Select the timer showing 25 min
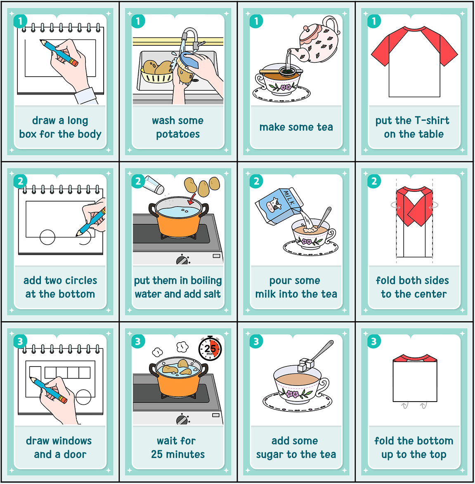click(210, 348)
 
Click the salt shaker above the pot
click(154, 185)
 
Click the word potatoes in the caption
click(178, 134)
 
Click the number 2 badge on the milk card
click(256, 181)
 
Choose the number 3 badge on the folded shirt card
click(374, 341)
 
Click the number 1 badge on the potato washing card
click(138, 21)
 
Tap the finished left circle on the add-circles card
click(47, 237)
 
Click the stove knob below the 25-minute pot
click(182, 420)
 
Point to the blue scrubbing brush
click(189, 60)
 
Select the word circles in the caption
click(80, 280)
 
